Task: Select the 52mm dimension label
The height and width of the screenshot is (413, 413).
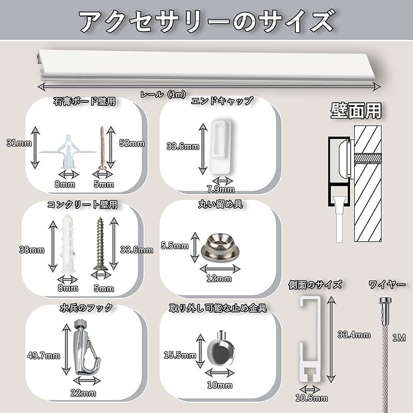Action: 132,143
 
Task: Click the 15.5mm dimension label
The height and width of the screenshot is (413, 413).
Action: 178,355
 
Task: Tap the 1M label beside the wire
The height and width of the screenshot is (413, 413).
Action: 399,338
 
